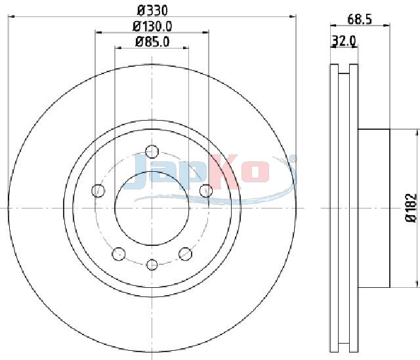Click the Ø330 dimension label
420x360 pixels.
152,10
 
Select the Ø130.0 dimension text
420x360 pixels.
152,26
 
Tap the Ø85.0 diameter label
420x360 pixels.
152,41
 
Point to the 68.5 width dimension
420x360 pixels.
360,20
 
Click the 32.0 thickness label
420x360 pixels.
344,41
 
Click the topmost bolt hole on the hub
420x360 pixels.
152,151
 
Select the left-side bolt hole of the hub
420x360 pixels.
98,191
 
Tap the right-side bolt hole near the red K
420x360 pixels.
206,191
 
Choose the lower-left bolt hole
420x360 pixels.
119,254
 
